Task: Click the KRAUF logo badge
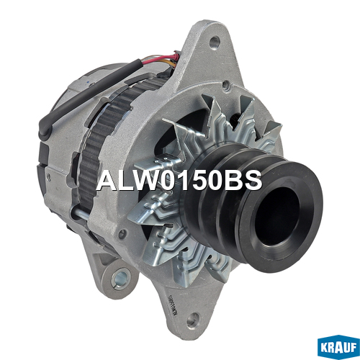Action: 338,347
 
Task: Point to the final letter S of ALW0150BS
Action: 253,180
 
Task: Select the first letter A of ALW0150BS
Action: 107,180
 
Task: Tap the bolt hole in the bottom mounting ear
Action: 192,320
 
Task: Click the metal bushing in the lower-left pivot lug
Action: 120,279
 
